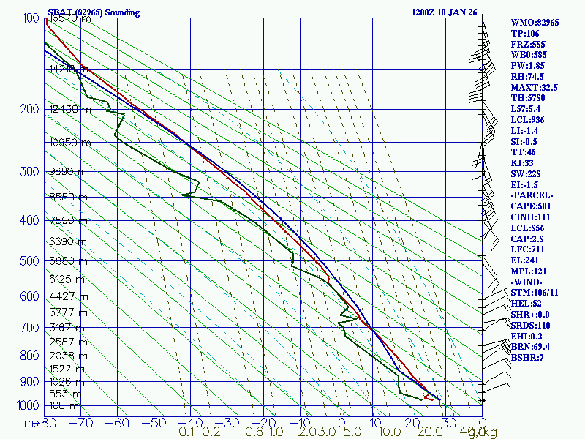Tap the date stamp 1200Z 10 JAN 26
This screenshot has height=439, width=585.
click(444, 12)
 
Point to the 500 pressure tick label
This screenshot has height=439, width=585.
click(29, 261)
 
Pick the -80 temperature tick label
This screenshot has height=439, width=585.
click(48, 422)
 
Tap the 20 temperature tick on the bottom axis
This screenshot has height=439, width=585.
click(409, 422)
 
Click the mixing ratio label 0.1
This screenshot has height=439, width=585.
click(186, 432)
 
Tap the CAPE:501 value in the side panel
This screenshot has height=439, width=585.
click(532, 206)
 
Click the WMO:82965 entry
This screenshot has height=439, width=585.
click(535, 23)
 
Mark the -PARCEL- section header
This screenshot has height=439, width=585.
click(532, 195)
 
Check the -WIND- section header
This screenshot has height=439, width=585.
click(529, 282)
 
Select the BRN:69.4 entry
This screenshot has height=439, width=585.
click(531, 347)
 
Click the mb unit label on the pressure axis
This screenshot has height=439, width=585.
click(31, 422)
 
